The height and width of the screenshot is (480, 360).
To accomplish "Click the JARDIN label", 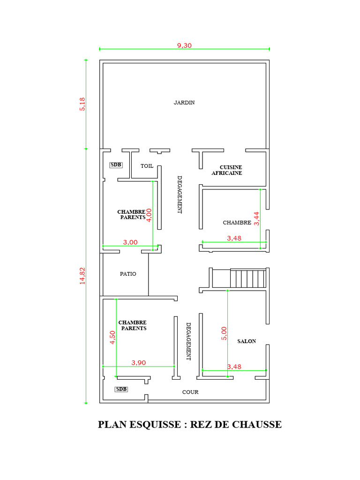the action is point(184,103).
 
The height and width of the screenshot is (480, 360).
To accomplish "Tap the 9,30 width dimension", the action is point(184,45).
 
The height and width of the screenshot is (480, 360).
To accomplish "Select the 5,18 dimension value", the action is point(82,104).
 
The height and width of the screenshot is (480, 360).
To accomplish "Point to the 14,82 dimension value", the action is point(82,276).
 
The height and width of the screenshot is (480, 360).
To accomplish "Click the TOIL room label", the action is point(147,166).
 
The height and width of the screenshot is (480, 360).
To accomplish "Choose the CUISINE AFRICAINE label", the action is point(227,170).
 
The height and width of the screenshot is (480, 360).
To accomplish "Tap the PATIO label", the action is point(128,274).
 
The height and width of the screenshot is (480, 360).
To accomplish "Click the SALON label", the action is point(247,341).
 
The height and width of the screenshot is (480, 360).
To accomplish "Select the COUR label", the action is point(190,392).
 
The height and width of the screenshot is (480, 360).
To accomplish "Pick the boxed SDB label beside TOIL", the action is point(116,165).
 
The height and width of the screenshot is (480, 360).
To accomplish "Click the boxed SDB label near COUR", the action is point(121,389).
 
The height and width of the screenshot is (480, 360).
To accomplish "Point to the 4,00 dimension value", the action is point(149,215).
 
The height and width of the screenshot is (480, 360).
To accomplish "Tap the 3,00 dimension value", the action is point(130,242).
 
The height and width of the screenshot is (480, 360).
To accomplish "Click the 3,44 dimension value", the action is point(256,218).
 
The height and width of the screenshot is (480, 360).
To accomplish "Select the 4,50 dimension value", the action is point(112,337).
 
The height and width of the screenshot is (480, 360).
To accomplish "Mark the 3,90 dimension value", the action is point(138,363).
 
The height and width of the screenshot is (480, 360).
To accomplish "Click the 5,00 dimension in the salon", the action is point(224,333).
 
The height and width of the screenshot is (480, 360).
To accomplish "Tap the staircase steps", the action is point(248,278).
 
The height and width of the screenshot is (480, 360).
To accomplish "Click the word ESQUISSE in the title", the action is point(155,425).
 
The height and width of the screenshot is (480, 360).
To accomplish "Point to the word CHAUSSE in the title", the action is point(257,425).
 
